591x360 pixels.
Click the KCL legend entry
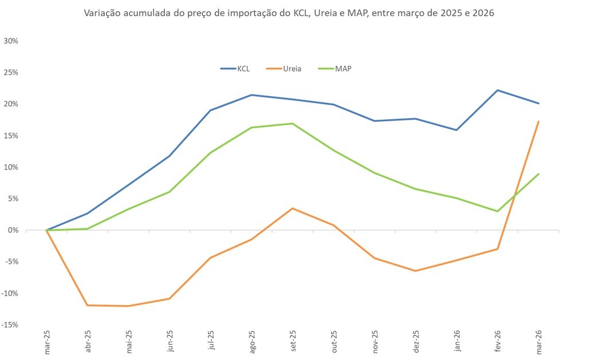click(x=243, y=69)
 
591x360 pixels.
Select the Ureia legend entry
click(x=291, y=69)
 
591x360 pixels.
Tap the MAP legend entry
click(x=343, y=69)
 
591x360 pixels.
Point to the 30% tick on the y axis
click(x=11, y=41)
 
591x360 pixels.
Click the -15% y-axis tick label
click(x=11, y=325)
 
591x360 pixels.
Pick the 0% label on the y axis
click(x=14, y=230)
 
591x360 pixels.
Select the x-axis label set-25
click(x=293, y=342)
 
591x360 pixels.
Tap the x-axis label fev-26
click(x=498, y=342)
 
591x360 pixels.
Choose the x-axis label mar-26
click(x=538, y=342)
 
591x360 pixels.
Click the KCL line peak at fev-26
click(x=498, y=90)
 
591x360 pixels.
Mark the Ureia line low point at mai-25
click(x=128, y=306)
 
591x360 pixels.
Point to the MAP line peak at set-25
click(x=293, y=123)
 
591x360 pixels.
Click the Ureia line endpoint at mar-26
click(x=538, y=121)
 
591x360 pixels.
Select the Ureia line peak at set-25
click(x=293, y=208)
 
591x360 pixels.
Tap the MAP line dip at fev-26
click(x=498, y=211)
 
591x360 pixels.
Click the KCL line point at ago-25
click(x=251, y=95)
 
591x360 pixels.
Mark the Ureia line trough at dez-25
click(x=416, y=271)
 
